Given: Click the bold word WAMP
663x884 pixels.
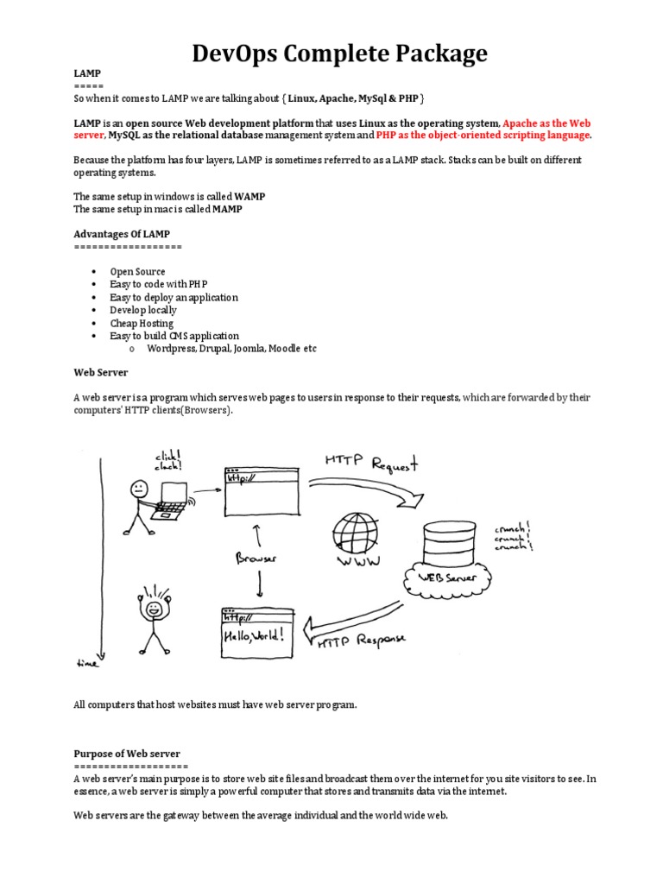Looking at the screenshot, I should click(x=250, y=197).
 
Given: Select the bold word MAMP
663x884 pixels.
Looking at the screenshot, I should click(x=229, y=209).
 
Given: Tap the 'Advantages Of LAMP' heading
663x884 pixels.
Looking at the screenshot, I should click(x=121, y=234).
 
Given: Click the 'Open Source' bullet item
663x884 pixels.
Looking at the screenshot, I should click(x=137, y=272).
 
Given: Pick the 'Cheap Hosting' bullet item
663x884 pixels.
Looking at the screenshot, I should click(x=142, y=323).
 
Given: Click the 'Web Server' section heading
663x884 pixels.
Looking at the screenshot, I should click(x=100, y=372).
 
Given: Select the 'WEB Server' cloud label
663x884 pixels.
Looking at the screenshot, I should click(x=448, y=577).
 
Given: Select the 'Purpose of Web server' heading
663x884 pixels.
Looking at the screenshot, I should click(x=127, y=754).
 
